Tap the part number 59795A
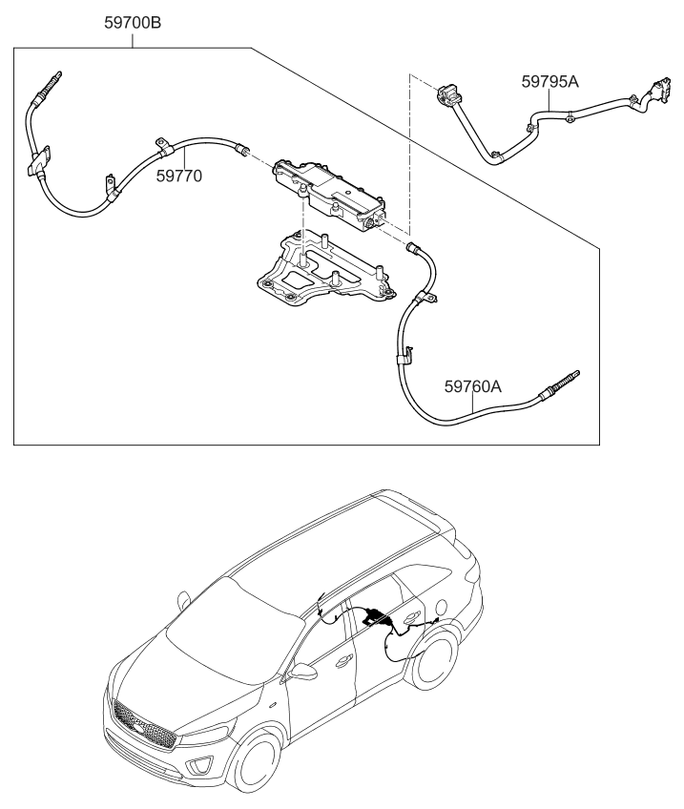[549, 81]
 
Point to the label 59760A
[472, 386]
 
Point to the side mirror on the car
[304, 672]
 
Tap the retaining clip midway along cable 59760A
[404, 359]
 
